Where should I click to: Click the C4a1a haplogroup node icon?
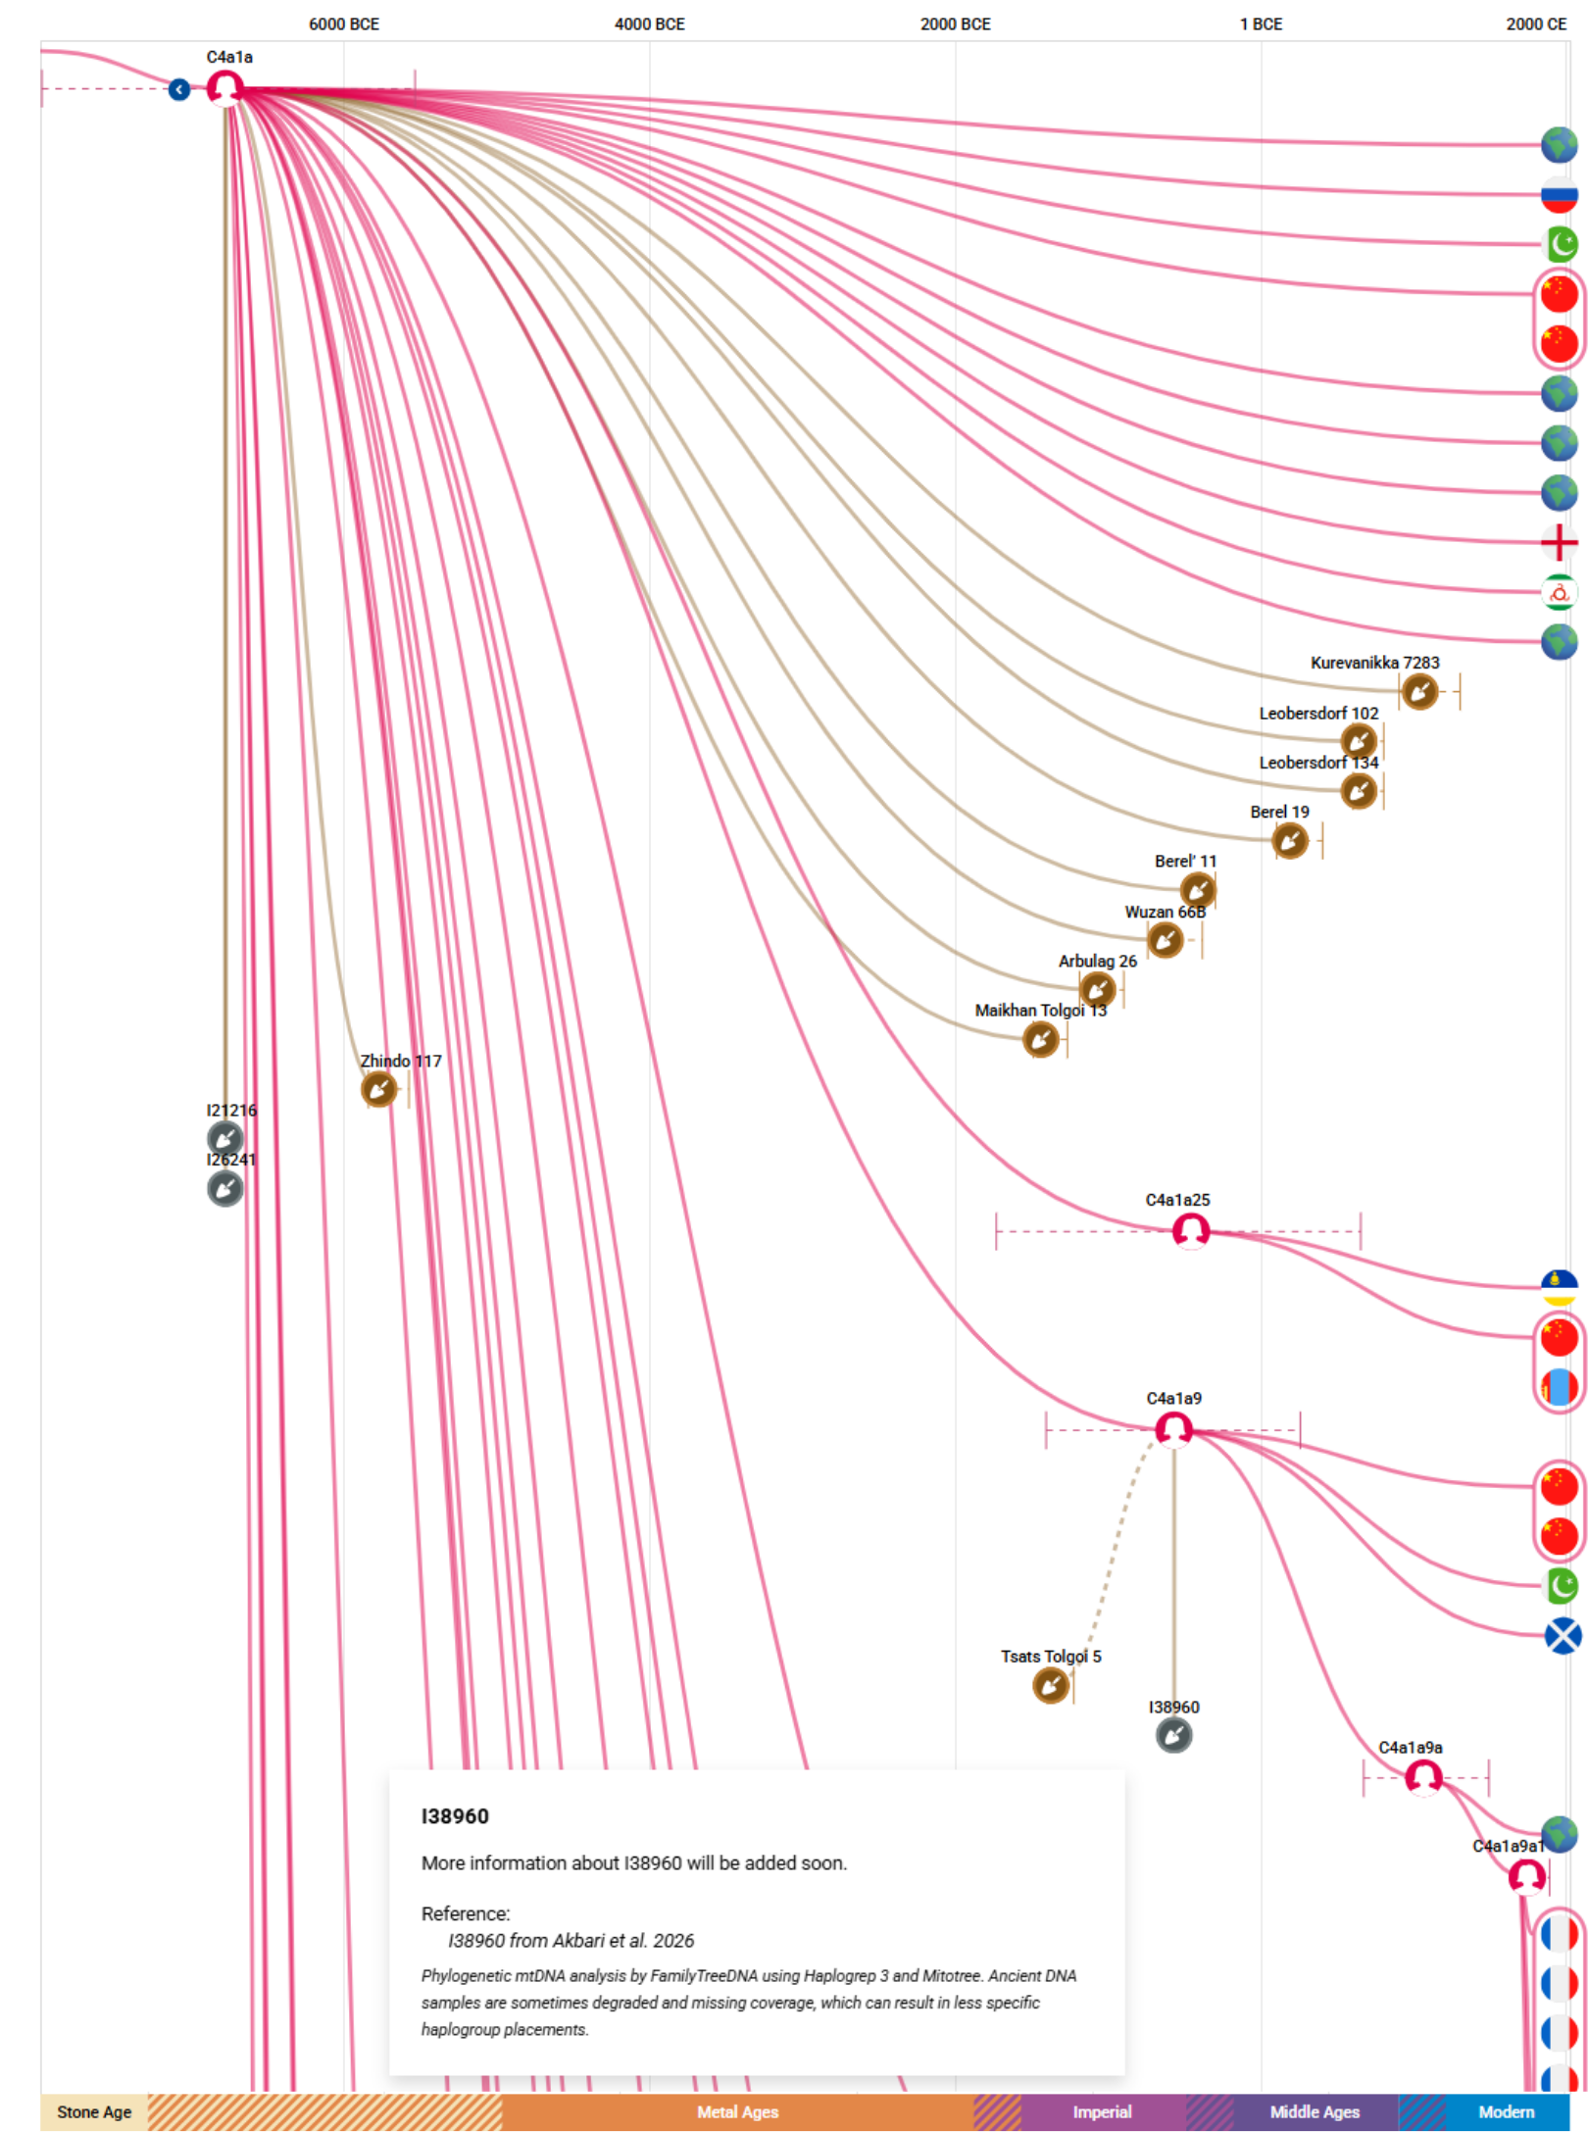[224, 88]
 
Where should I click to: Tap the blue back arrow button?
[178, 90]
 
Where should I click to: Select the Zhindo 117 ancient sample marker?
[378, 1088]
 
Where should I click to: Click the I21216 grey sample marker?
[224, 1138]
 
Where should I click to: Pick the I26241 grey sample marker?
[224, 1188]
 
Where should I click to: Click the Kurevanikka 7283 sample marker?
[1418, 691]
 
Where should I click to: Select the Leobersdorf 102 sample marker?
[1358, 741]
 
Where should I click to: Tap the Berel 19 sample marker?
[1289, 840]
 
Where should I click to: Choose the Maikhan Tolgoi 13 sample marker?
[1040, 1039]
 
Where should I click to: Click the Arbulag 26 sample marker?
[1097, 989]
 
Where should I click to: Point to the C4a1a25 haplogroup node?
[1190, 1230]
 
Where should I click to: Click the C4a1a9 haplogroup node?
[1173, 1429]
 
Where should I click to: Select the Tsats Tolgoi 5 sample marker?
[1050, 1685]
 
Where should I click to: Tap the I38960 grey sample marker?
[1173, 1735]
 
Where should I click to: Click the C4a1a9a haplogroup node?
[1422, 1776]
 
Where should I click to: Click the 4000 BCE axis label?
[649, 24]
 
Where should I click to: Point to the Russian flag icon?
[1559, 195]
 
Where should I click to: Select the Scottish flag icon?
[1563, 1635]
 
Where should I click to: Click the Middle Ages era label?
[1315, 2111]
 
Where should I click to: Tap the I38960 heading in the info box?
[455, 1815]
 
